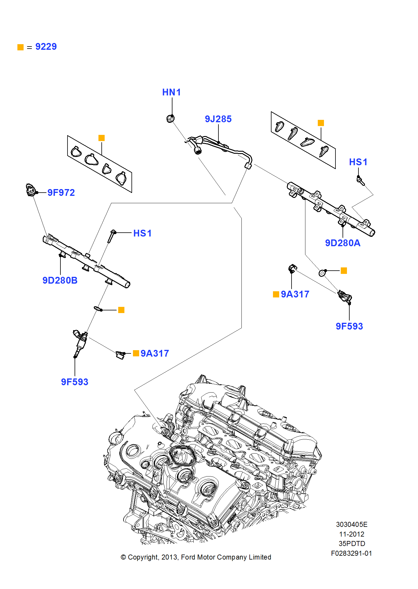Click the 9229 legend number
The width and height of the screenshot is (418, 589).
tap(46, 47)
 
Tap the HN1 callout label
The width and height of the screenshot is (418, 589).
tap(171, 92)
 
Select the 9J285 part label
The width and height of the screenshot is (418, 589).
tap(218, 119)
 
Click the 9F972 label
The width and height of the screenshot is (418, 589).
tap(61, 193)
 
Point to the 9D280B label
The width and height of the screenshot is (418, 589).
tap(60, 280)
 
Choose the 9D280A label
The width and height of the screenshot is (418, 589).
tap(343, 243)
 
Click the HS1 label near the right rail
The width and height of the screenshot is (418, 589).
tap(358, 162)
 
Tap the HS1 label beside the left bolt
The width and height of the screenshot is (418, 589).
tap(142, 234)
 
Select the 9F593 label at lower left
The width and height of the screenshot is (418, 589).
tap(75, 382)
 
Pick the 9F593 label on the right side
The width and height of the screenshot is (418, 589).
tap(349, 326)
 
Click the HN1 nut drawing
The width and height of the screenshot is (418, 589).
tap(170, 119)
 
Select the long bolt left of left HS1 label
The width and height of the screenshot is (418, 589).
tap(111, 236)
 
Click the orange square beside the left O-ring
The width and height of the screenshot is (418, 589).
tap(121, 310)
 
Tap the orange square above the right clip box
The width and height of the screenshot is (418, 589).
tap(321, 123)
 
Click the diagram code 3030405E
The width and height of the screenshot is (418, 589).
tap(351, 525)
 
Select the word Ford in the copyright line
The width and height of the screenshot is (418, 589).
tap(188, 557)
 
